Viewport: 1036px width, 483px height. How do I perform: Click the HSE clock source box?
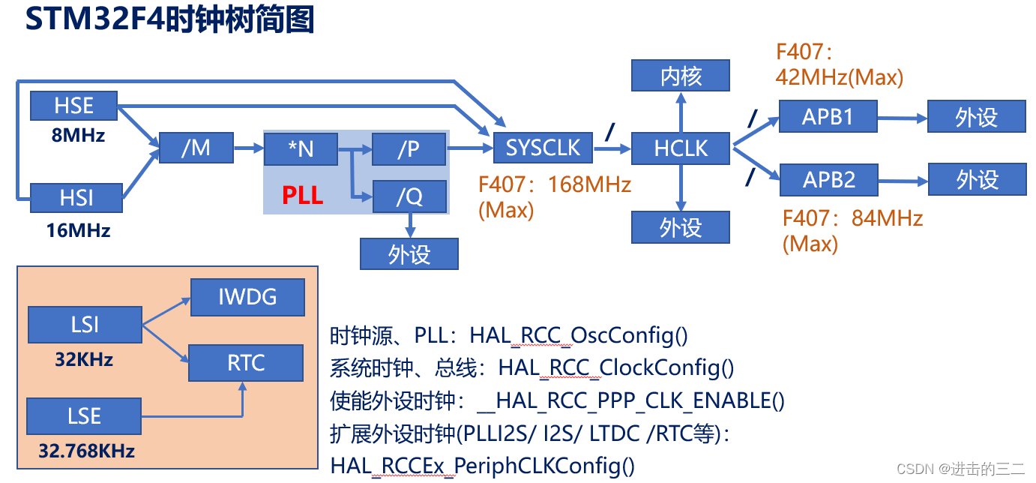[73, 106]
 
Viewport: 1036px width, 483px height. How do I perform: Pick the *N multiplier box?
[301, 149]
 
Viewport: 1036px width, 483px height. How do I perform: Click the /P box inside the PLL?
[409, 149]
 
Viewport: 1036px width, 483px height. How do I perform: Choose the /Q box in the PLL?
[409, 196]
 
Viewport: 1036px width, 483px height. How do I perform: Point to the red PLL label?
[302, 196]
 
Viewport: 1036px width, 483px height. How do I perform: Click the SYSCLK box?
[543, 148]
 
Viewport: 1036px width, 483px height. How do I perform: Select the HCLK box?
[681, 148]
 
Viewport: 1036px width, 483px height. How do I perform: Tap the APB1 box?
[828, 117]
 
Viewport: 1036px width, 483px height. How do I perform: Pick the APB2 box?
[828, 180]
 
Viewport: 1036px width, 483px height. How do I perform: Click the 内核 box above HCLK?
[681, 76]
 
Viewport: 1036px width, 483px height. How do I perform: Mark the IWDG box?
[247, 297]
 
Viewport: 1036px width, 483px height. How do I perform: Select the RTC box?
[246, 363]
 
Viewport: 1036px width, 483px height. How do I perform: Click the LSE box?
[84, 416]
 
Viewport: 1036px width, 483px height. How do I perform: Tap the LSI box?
[84, 325]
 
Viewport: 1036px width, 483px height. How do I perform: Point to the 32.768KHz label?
[86, 451]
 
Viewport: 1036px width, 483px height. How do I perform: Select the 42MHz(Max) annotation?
[840, 77]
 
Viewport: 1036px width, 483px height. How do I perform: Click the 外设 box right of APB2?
[977, 180]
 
